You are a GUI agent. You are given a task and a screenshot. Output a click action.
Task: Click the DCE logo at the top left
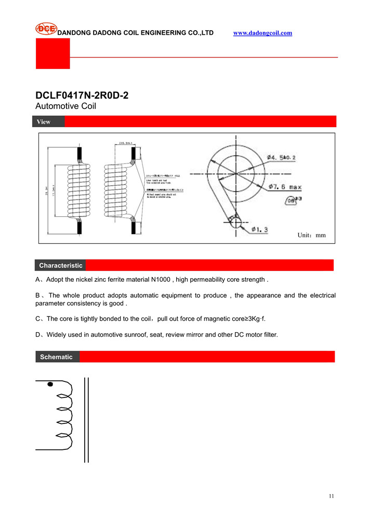tap(46, 29)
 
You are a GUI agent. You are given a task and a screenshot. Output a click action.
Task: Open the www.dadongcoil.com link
tap(262, 33)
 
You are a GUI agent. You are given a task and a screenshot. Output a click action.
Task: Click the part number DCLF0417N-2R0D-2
tap(82, 96)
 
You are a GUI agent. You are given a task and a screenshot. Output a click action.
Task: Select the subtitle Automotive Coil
tap(65, 106)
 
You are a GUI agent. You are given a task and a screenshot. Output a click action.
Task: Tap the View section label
tap(44, 122)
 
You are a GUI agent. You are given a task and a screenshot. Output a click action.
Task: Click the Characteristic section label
tap(61, 265)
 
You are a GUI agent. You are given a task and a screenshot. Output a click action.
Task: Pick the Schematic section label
tap(56, 357)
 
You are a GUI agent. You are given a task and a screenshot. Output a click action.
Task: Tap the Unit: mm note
tap(311, 235)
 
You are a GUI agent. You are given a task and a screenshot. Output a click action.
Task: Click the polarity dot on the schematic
tap(50, 385)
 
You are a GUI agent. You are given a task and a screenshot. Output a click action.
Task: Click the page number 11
tap(331, 496)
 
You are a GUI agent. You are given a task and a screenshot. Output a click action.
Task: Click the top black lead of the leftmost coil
tap(80, 154)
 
